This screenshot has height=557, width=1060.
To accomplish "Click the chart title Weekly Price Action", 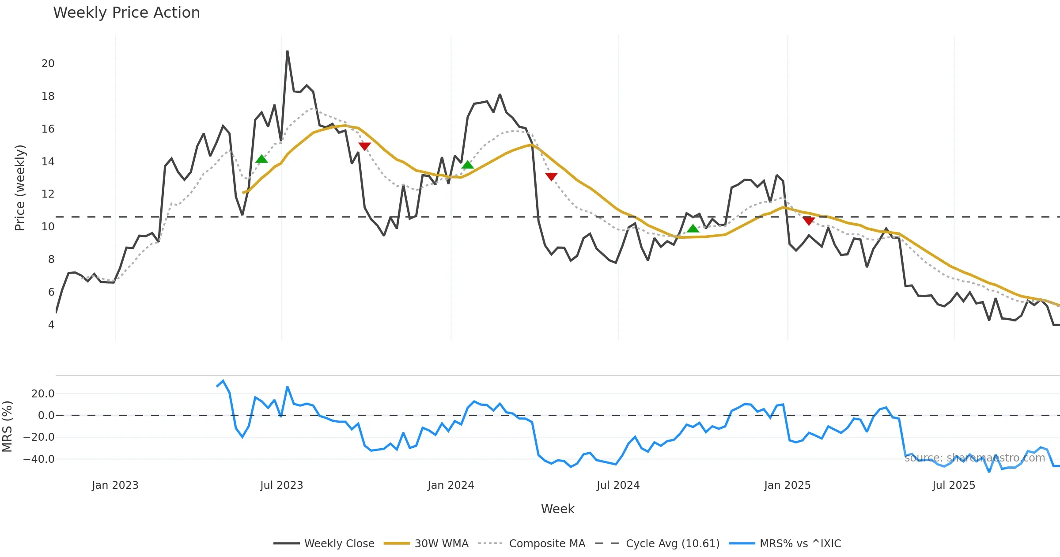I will click(x=126, y=13).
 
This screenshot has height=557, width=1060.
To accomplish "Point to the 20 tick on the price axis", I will click(x=48, y=64).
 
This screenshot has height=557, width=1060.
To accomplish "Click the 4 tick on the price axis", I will click(x=51, y=325).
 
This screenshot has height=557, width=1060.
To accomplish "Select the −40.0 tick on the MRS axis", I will click(x=39, y=459).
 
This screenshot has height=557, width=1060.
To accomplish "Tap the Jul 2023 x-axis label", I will click(x=282, y=485).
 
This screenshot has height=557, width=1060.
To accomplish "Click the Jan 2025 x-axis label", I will click(x=787, y=485).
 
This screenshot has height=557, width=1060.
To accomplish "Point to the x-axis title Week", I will click(x=557, y=509).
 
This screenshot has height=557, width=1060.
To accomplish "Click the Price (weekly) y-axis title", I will click(x=20, y=188).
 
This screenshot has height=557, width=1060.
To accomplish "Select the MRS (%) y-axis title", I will click(x=8, y=427).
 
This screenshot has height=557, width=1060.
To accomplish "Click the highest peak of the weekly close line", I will click(x=288, y=51).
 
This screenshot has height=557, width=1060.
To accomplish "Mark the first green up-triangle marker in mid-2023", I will click(x=261, y=159).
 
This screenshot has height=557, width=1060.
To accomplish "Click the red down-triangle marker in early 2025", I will click(x=809, y=221).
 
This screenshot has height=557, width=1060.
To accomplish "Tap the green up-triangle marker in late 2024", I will click(x=693, y=229).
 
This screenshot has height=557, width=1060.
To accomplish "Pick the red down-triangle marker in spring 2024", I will click(x=551, y=176).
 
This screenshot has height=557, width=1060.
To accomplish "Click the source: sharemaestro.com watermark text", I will click(x=974, y=458).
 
